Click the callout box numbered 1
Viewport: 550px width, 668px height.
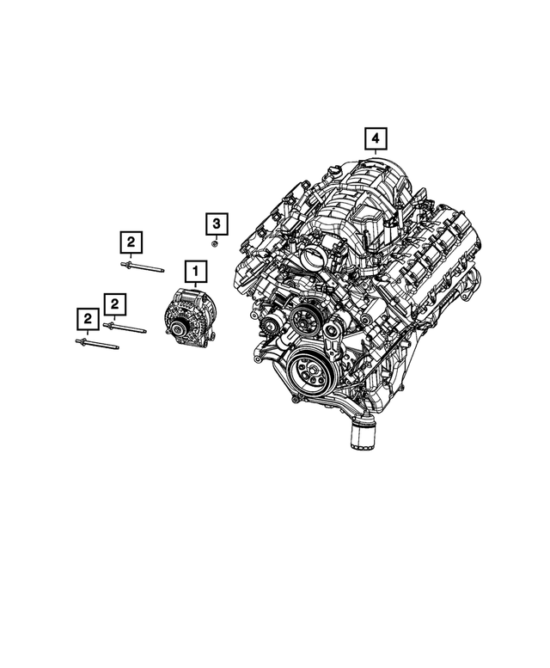(195, 273)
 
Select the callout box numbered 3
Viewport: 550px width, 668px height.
(217, 224)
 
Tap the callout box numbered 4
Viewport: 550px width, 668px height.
(375, 138)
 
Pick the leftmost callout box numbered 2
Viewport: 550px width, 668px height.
(87, 321)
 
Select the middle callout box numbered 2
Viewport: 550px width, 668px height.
(115, 303)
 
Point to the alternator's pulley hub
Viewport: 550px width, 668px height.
(177, 328)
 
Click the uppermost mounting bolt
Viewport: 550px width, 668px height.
(142, 269)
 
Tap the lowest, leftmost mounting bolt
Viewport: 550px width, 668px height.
(96, 345)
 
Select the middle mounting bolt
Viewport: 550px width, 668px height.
(125, 327)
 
